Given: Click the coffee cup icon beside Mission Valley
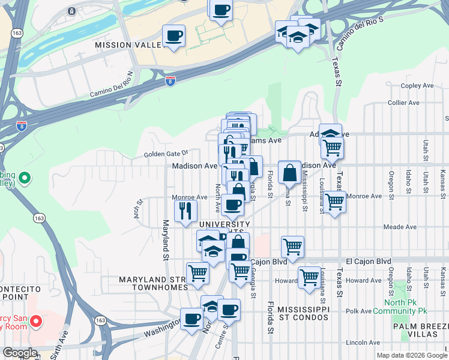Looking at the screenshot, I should point(173,36).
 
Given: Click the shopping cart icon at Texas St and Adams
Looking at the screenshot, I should point(332,147).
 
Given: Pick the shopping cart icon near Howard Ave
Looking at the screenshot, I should point(309,278).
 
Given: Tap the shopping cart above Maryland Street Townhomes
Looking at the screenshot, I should point(197,274).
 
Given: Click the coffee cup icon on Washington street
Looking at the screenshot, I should point(192,318).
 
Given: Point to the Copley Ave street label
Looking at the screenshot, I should point(417,86).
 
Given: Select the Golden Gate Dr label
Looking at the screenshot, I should point(166,154).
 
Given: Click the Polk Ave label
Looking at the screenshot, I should point(360,311).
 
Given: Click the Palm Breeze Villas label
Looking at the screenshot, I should point(421,331).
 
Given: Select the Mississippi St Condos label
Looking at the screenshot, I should point(304,313).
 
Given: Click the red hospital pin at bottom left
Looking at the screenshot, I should point(35,322).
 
